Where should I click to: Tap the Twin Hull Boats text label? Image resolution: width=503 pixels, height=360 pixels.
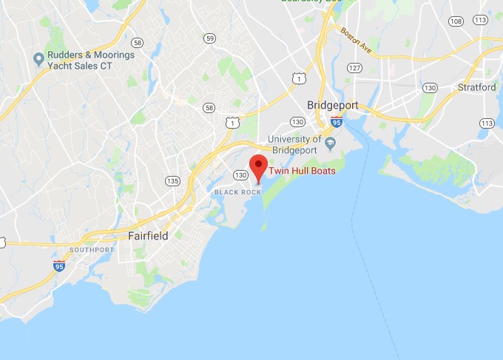302,171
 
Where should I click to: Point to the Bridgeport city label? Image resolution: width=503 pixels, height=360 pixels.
332,105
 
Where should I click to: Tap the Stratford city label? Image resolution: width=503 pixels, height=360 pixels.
477,87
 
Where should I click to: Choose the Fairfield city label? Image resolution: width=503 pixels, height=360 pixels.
148,236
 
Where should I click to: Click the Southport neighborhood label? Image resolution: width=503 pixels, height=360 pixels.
92,250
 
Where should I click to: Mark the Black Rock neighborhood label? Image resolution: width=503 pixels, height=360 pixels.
237,192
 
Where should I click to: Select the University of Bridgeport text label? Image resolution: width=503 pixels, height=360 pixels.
294,144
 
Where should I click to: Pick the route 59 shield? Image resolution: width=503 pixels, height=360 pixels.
211,38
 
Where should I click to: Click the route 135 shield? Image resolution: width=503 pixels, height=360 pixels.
173,180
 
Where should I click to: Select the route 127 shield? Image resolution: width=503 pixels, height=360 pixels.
357,67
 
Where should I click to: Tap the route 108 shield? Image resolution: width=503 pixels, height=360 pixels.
456,21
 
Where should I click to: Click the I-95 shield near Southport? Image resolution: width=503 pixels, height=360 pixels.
59,265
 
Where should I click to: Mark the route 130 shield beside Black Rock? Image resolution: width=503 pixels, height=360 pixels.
240,174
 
